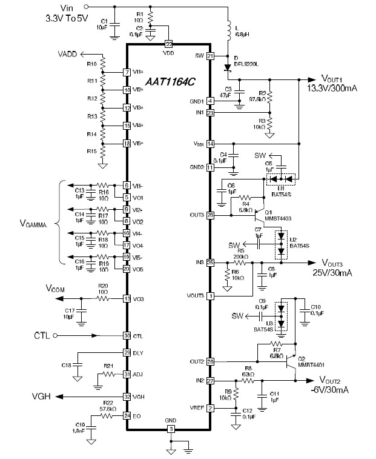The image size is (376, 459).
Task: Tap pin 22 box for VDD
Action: pos(168,44)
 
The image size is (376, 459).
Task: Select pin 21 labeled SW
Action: pos(211,56)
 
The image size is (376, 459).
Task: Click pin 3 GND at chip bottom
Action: pos(171,429)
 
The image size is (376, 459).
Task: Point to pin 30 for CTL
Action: pos(127,335)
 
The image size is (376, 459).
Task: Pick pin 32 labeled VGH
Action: pos(127,397)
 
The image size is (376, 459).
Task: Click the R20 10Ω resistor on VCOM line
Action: pos(104,298)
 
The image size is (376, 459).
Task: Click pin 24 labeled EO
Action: pos(127,415)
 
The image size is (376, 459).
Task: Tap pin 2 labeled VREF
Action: pos(211,408)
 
